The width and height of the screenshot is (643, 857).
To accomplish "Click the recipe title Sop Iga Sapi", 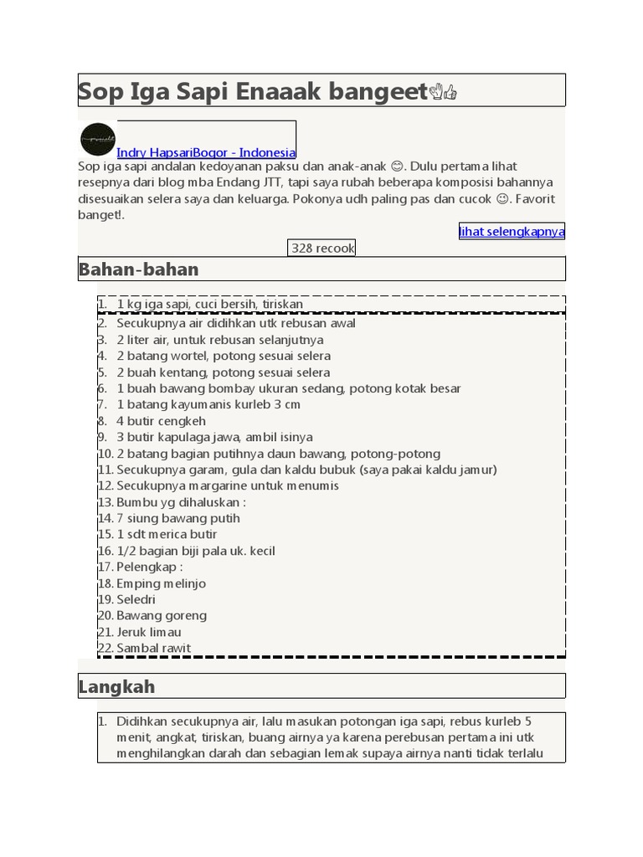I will coord(251,91).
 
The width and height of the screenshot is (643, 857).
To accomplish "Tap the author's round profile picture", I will coord(97,139).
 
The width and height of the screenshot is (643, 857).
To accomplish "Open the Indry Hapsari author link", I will coord(206,152).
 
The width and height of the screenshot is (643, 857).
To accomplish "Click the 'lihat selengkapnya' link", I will coord(512,231).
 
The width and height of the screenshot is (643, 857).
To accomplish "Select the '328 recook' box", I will coord(322,248).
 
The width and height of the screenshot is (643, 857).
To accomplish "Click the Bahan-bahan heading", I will coord(139,269).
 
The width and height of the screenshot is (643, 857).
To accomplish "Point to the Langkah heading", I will coord(116,686).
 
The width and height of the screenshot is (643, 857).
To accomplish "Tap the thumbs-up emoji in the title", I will coord(450,92).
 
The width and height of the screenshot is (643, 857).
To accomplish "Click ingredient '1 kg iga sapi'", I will coord(209,304).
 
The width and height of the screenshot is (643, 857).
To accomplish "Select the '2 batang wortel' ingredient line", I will coord(224,356).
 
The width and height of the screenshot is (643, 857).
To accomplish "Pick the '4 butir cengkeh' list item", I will coord(161,421).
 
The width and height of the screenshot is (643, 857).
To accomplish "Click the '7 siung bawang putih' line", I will coord(178,518).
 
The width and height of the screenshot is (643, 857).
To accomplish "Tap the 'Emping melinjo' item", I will coord(161,583).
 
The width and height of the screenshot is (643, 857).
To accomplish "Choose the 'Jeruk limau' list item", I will coord(149,632).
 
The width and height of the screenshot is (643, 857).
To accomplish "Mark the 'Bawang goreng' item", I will coord(162,615).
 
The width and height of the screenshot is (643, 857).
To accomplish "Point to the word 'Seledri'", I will coord(136,599).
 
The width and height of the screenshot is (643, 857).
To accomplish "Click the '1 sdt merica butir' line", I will coord(167,534).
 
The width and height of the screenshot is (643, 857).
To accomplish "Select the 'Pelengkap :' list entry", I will coord(150,567).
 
